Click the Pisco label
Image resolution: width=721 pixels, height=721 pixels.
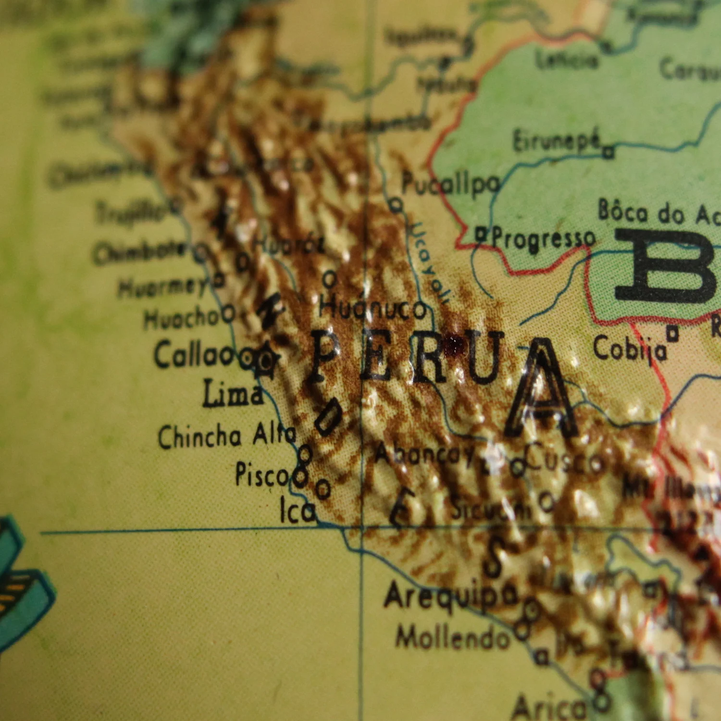tap(262, 474)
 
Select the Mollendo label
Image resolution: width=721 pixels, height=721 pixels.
tap(452, 638)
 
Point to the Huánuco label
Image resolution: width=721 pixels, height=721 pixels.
tap(373, 308)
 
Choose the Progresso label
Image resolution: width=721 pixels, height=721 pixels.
tap(544, 239)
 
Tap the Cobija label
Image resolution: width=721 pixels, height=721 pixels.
tap(630, 348)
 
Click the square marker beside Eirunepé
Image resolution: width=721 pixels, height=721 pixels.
tap(609, 152)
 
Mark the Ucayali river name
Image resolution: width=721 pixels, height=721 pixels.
tap(428, 262)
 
